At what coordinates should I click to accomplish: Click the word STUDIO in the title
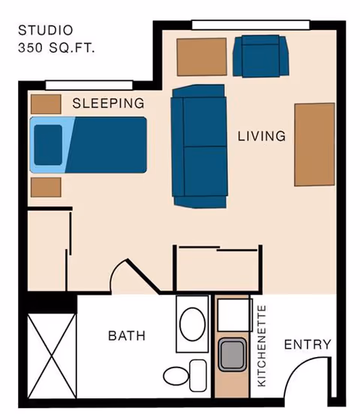46,31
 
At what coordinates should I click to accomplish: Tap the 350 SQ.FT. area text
56,47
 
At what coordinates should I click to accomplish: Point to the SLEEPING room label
108,103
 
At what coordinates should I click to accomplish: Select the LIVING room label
262,136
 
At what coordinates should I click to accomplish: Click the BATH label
127,335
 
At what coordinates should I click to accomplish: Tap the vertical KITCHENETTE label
262,346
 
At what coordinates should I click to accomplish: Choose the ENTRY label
307,344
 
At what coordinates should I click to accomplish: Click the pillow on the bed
49,143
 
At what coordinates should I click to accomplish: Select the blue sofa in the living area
199,145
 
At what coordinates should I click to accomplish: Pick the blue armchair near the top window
260,56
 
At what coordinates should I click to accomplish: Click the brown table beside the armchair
202,56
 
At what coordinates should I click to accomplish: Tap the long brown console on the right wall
314,144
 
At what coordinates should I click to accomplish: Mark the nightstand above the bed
46,103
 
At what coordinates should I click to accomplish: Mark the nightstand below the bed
46,186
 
